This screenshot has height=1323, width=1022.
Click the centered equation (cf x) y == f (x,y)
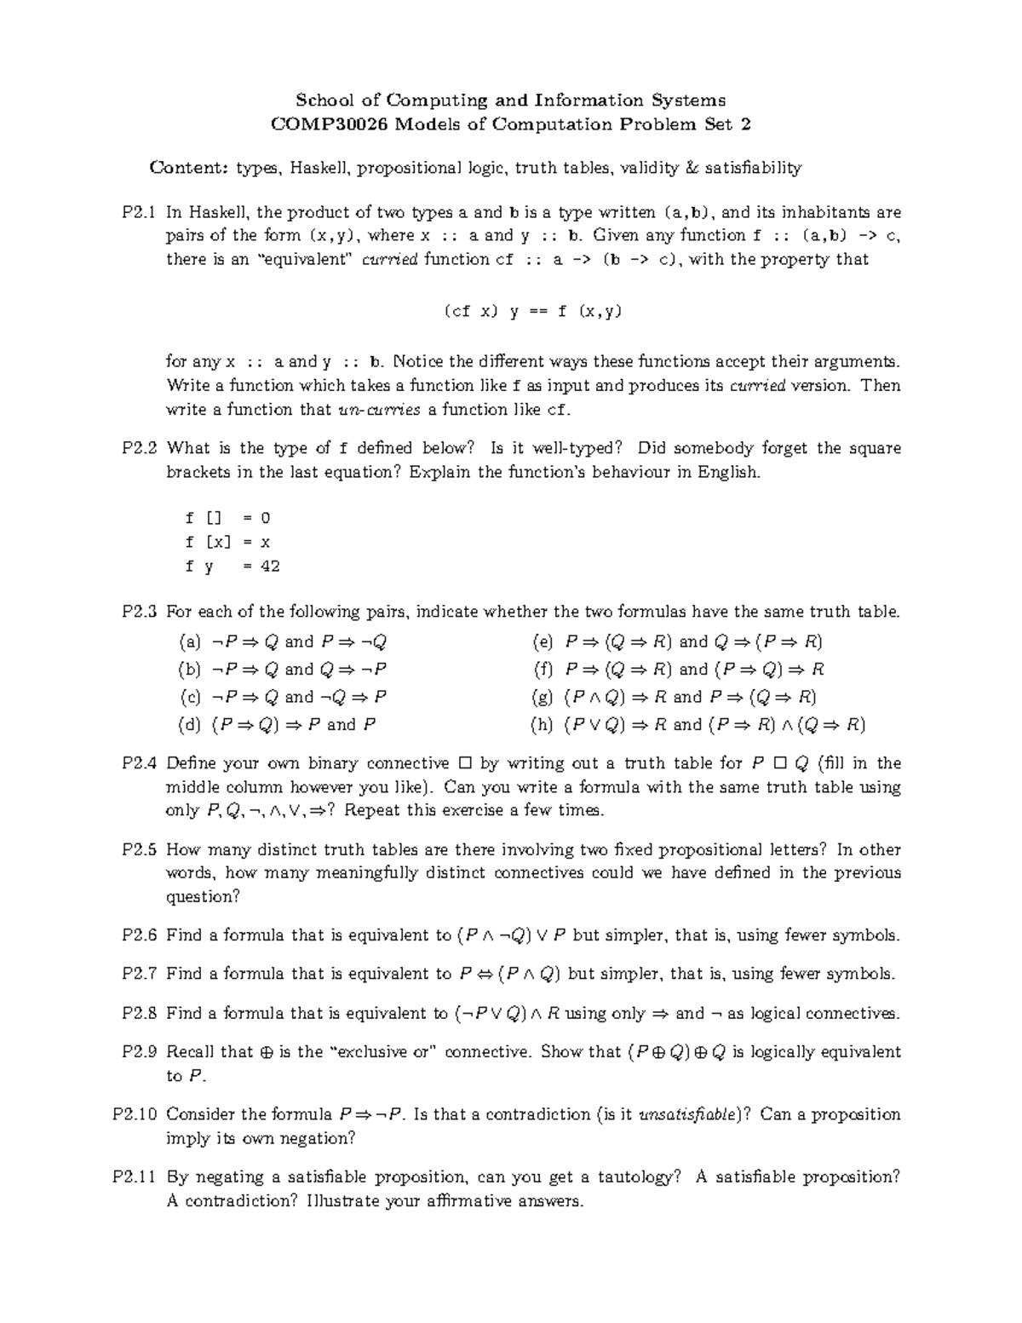(533, 311)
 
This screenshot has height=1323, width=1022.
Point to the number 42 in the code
(270, 566)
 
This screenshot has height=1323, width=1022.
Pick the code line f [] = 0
(227, 518)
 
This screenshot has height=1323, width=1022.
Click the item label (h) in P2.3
(541, 725)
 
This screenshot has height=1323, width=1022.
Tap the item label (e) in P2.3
(541, 641)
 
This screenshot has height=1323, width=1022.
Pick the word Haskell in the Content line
(320, 168)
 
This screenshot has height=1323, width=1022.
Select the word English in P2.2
(727, 472)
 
